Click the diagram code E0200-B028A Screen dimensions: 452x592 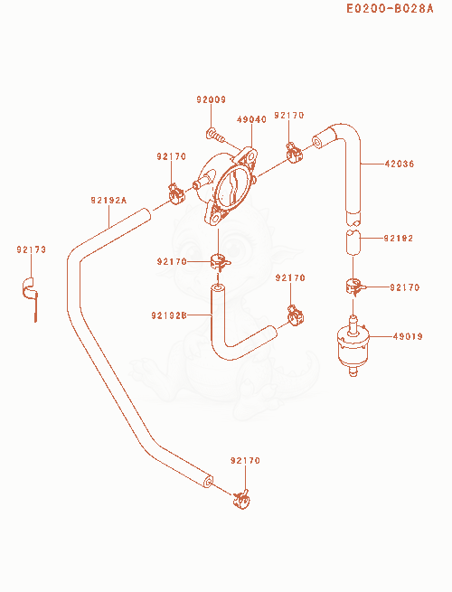coord(390,8)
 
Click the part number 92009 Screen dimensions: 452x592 coord(212,99)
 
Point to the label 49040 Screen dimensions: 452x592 coord(251,119)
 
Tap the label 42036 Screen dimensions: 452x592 coord(400,164)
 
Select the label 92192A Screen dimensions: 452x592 coord(108,200)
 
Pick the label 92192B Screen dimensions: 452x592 coord(169,315)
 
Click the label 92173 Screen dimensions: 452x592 coord(31,249)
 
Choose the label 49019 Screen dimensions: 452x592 coord(408,336)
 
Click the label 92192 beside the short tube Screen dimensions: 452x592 coord(399,239)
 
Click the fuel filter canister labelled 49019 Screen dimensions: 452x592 coord(353,346)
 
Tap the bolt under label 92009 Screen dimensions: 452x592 coord(216,136)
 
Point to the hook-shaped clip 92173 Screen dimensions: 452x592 coord(30,292)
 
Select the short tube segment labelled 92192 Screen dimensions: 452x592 coord(353,242)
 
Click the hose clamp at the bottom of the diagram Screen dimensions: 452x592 coord(241,499)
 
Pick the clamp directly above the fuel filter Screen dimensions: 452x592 coord(354,286)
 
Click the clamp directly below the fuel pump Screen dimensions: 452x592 coord(220,261)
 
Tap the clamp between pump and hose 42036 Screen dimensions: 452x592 coord(294,153)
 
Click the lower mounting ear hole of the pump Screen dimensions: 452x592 coord(215,219)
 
